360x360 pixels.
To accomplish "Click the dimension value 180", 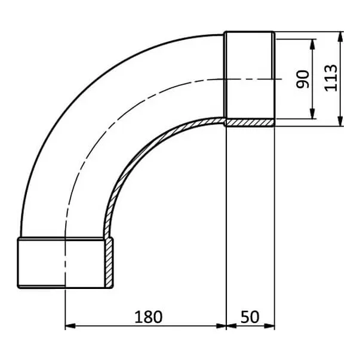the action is click(148, 317).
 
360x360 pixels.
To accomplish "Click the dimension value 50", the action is click(250, 317).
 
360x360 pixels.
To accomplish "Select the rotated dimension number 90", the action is click(303, 79).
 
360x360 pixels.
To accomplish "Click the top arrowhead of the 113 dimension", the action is click(341, 36).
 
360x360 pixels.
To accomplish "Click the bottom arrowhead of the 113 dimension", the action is click(341, 121).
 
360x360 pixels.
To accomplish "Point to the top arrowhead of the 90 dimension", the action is click(312, 44).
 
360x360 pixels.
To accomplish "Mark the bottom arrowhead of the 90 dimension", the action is click(312, 114).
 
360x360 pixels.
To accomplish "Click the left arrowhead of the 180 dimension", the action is click(70, 326).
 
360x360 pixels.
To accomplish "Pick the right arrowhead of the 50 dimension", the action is click(269, 326).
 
